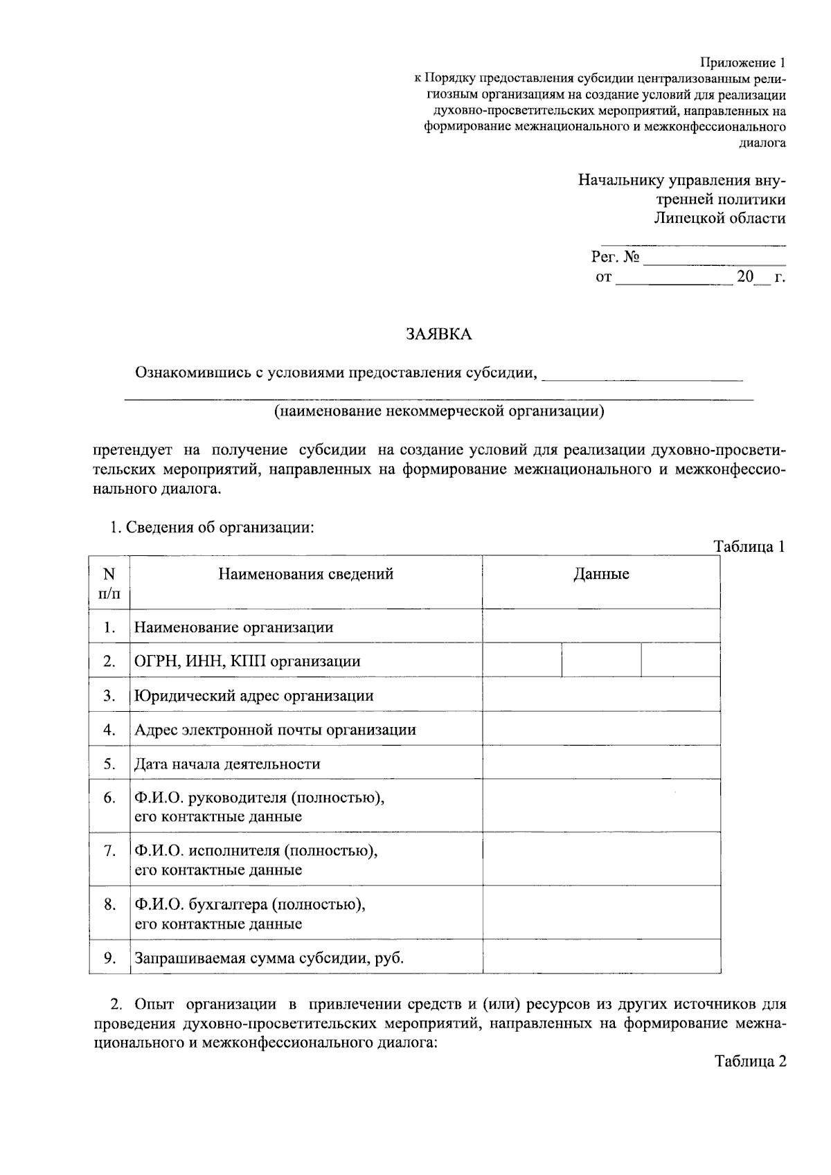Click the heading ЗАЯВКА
tap(438, 334)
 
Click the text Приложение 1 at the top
tap(743, 62)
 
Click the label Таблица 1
tap(750, 546)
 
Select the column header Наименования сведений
tap(306, 574)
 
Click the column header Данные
tap(600, 574)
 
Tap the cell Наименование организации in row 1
tap(234, 627)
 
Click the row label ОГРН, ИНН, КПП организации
tap(247, 661)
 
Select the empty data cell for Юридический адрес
tap(600, 695)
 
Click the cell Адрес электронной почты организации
tap(275, 730)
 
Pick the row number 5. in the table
tap(109, 764)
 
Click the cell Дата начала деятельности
tap(227, 764)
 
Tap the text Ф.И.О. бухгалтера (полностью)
tap(250, 904)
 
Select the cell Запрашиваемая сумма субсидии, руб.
tap(269, 958)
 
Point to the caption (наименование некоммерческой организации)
tap(439, 412)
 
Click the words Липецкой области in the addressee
tap(720, 218)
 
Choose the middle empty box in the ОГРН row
tap(601, 661)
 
